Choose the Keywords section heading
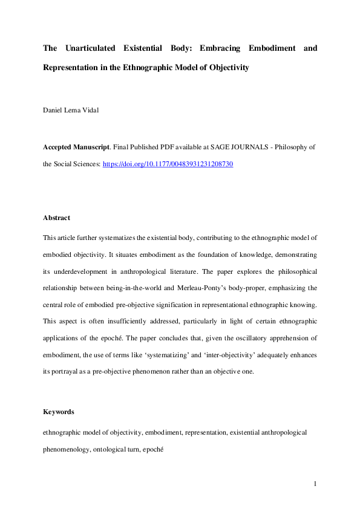coord(58,412)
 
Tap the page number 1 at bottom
coord(315,484)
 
